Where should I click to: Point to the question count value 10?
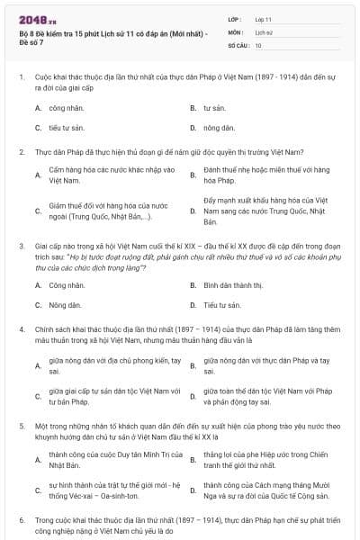click(258, 44)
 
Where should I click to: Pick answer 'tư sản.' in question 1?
click(213, 107)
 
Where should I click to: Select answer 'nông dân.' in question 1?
click(218, 128)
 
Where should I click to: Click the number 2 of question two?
click(22, 151)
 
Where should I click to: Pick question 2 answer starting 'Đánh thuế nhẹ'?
click(254, 175)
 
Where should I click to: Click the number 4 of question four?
click(22, 329)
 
